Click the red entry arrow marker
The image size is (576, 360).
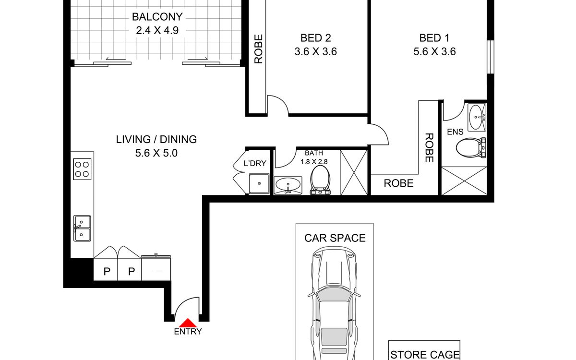click(x=188, y=323)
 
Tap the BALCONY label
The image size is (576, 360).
click(x=157, y=17)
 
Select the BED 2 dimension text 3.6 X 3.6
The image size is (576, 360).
click(x=315, y=52)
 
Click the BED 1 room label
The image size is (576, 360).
click(x=434, y=38)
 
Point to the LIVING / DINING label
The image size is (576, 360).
click(x=156, y=139)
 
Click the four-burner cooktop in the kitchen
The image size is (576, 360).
click(x=82, y=169)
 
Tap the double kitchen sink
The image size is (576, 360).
click(x=82, y=228)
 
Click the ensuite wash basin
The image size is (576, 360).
click(x=477, y=117)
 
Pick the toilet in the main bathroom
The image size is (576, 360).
click(x=320, y=180)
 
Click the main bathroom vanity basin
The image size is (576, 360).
click(x=288, y=185)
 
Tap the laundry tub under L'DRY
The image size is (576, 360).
click(x=259, y=183)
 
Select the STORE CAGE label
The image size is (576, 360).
click(x=425, y=355)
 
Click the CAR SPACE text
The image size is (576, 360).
click(x=335, y=238)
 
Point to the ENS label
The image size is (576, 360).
click(x=455, y=132)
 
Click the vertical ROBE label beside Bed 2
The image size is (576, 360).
click(x=258, y=49)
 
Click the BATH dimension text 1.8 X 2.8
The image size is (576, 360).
click(x=314, y=162)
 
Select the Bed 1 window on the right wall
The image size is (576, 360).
click(x=491, y=57)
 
